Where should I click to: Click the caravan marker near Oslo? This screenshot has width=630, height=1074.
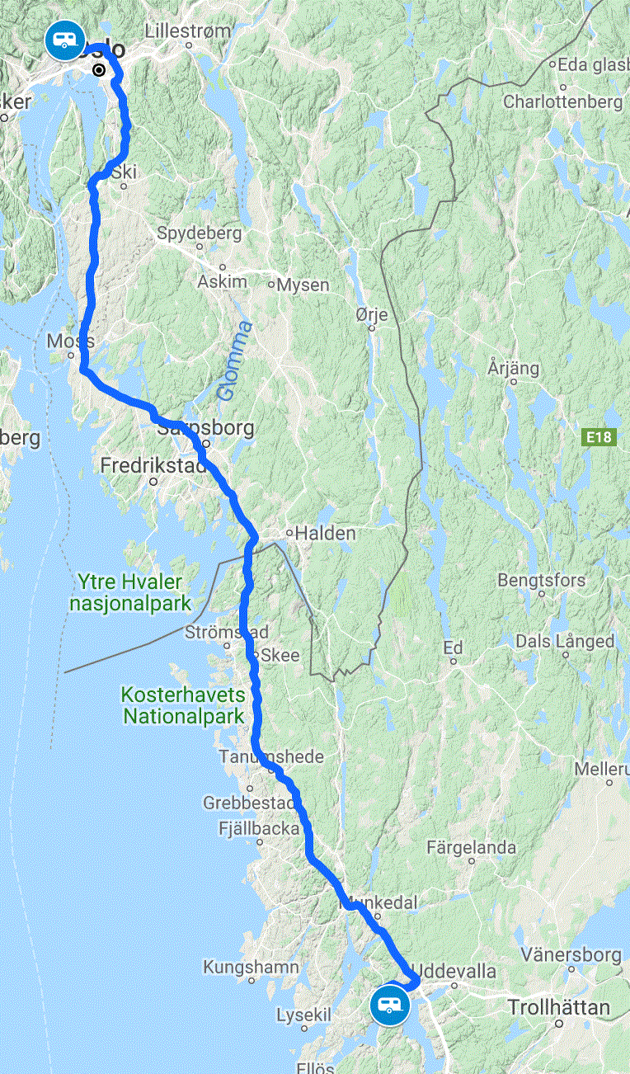(x=65, y=40)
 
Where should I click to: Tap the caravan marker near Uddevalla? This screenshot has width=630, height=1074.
(x=389, y=1004)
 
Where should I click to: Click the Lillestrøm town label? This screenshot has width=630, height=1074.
(x=188, y=31)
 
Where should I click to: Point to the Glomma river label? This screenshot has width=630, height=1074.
(x=234, y=361)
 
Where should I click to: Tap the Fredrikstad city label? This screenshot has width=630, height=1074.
(x=153, y=466)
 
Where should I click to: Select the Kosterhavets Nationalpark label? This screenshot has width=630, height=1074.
(x=184, y=705)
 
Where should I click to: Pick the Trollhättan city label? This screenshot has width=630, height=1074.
(x=559, y=1007)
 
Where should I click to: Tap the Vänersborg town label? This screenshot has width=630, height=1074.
(x=571, y=955)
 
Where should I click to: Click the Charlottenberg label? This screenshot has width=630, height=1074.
(x=562, y=102)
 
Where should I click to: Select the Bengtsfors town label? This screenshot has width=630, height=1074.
(x=541, y=580)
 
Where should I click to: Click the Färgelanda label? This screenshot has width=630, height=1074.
(x=472, y=847)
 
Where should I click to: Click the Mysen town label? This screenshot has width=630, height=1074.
(x=303, y=285)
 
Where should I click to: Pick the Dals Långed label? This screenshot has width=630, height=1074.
(x=565, y=641)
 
